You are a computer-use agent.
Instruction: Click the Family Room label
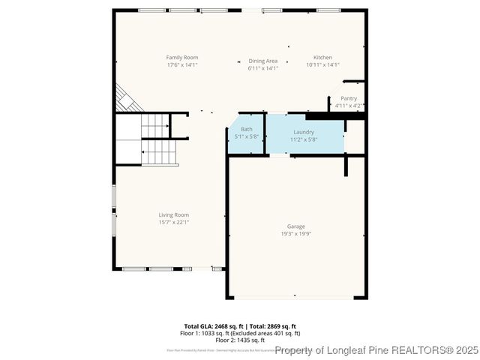[181, 58]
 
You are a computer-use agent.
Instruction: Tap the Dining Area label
[262, 61]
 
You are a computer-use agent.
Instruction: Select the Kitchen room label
[322, 58]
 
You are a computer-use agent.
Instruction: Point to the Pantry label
[349, 98]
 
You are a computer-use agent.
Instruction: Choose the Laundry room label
[304, 132]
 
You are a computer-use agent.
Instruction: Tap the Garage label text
[295, 226]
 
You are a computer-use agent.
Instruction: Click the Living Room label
[173, 214]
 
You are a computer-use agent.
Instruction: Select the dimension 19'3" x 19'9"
[295, 233]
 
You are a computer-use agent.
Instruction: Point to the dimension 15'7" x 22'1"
[173, 222]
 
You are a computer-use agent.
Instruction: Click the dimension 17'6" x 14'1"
[181, 65]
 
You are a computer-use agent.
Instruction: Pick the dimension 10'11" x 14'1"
[322, 65]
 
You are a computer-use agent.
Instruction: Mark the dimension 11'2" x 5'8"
[304, 139]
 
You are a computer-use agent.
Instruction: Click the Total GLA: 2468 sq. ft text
[213, 326]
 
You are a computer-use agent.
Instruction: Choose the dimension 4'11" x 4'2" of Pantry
[349, 106]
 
